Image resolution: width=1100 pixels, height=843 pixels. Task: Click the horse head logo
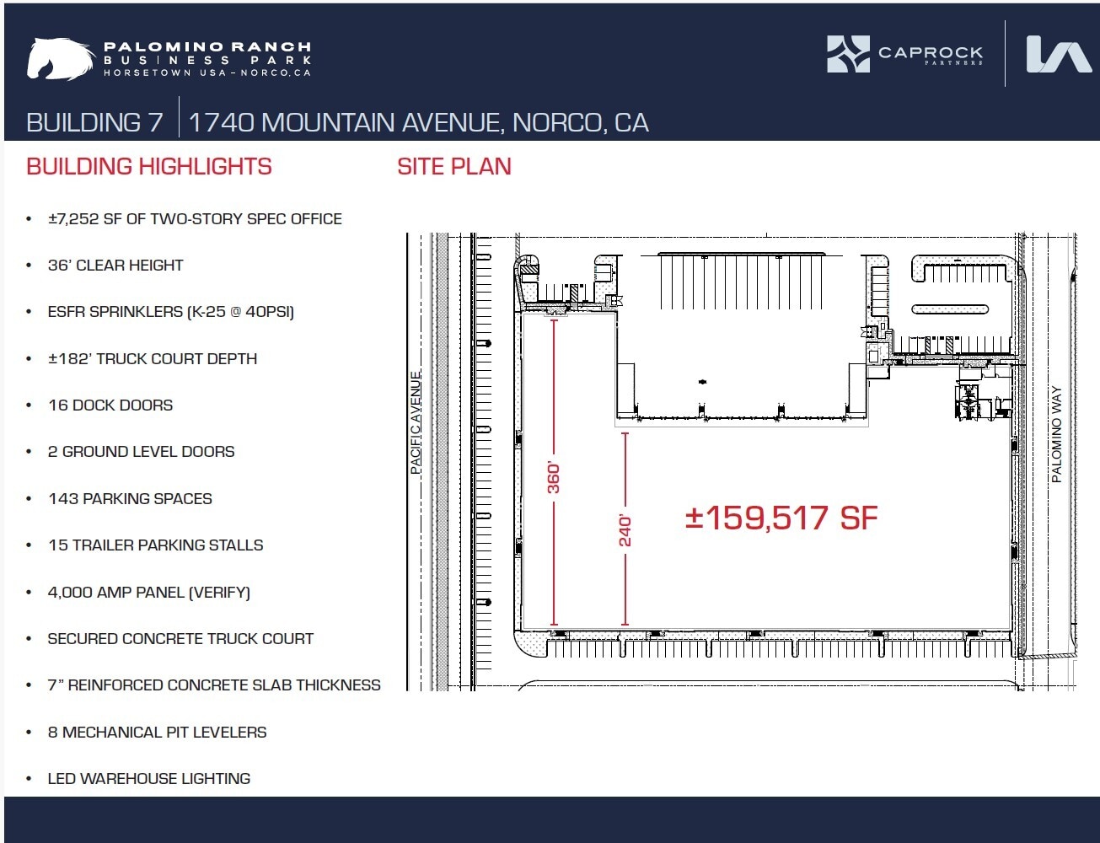59,59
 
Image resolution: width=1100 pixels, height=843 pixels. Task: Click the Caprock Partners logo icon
847,54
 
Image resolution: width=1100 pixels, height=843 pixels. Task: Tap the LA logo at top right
1059,55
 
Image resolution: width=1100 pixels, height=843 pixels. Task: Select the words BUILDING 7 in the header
94,123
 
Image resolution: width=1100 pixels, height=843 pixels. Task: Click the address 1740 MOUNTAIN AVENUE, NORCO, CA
418,123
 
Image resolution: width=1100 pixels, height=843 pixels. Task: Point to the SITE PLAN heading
453,167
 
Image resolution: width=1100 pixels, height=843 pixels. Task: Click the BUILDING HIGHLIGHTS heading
149,167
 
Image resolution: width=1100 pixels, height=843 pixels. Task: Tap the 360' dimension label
554,478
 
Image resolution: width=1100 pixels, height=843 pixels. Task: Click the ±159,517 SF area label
781,518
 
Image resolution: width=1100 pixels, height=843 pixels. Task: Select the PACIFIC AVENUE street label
416,423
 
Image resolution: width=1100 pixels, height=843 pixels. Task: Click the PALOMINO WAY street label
1057,435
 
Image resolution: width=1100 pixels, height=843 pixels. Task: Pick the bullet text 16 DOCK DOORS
110,405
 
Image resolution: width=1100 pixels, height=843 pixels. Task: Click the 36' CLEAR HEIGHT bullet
115,266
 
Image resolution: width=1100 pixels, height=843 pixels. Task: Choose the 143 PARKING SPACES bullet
130,499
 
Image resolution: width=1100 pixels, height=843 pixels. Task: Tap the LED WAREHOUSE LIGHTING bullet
148,779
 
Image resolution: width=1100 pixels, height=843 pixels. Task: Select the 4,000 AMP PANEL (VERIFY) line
148,593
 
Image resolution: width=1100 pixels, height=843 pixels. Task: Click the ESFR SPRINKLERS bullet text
170,312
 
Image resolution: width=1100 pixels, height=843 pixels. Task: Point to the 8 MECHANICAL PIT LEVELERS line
157,733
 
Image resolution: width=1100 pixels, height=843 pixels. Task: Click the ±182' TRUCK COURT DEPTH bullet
152,359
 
